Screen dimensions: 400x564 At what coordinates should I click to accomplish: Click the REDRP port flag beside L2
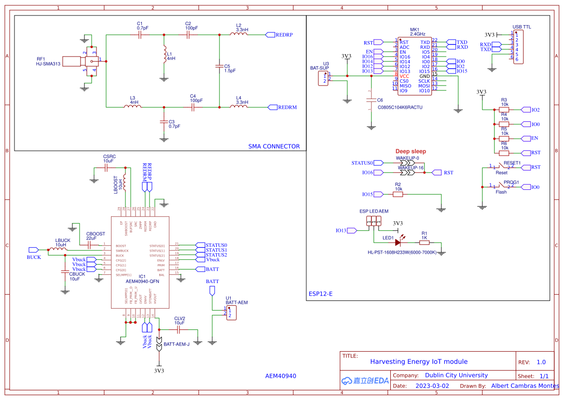(x=270, y=35)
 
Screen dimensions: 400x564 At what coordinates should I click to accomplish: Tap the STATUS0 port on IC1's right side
(x=200, y=245)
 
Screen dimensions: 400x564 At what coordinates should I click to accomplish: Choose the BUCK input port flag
(x=33, y=250)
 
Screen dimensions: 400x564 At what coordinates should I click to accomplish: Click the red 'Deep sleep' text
(x=411, y=152)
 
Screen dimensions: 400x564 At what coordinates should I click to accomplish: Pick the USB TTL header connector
(x=518, y=47)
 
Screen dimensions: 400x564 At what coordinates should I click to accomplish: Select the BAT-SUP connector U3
(x=323, y=78)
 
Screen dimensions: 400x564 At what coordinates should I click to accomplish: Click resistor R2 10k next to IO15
(x=398, y=194)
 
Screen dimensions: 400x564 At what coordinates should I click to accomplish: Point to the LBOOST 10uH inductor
(x=125, y=182)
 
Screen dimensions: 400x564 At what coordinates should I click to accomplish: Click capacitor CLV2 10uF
(x=179, y=329)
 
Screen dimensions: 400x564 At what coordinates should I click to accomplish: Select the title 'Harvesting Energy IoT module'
(x=419, y=361)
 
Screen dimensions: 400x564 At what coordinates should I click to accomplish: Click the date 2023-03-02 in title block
(x=432, y=386)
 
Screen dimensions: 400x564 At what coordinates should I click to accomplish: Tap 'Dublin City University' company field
(x=456, y=375)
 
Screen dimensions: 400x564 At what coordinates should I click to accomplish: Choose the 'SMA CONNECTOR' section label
(x=274, y=146)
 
